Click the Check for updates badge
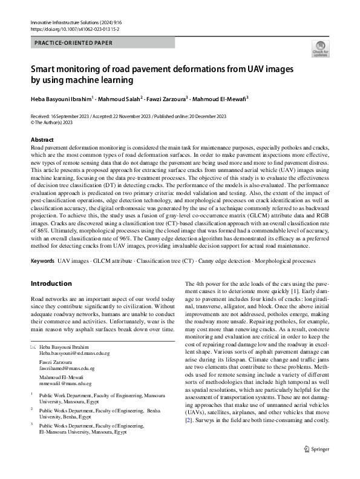(319, 48)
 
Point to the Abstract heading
(42, 140)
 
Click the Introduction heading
(51, 283)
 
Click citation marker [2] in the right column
(189, 420)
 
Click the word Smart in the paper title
(46, 69)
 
